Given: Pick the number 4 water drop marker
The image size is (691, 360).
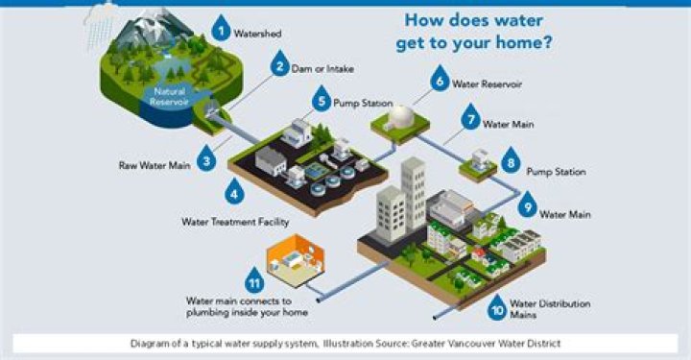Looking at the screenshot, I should (234, 190).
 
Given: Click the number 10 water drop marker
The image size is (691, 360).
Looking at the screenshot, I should (496, 306).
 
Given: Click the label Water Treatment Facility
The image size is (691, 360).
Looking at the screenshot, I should (234, 221).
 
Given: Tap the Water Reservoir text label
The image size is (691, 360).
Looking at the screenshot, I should (487, 84).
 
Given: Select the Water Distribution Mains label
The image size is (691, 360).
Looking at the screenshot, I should (550, 310).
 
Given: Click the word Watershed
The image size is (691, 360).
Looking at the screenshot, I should (258, 34).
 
